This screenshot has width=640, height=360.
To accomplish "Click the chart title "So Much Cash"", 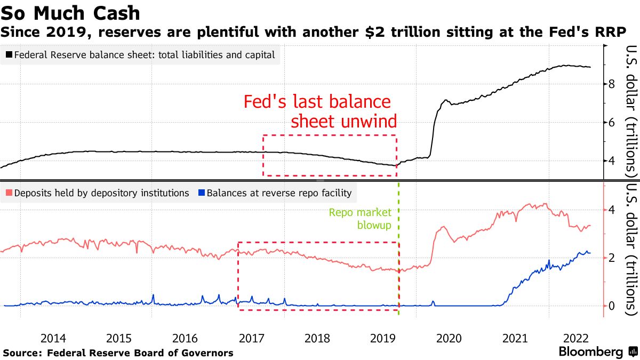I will click(x=70, y=12).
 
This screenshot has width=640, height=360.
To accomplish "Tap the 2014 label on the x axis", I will click(x=53, y=338).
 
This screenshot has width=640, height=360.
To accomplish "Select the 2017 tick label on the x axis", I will click(x=251, y=338).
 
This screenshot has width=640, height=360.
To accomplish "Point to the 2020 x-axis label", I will click(x=449, y=338).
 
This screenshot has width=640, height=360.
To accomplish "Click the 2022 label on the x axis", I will click(x=580, y=338).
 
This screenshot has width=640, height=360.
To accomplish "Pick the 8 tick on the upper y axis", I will click(x=612, y=84).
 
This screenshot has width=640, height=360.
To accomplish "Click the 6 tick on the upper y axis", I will click(x=612, y=123).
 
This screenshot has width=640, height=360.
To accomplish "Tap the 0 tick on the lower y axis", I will click(x=612, y=306).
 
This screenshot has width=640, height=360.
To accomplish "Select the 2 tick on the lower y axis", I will click(x=612, y=258).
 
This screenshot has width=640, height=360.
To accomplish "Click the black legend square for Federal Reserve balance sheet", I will click(x=9, y=54).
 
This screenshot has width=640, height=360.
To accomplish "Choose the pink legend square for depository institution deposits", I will click(x=9, y=193).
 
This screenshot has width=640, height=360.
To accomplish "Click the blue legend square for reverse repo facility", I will click(x=201, y=193).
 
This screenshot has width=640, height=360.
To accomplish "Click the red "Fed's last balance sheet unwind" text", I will click(x=320, y=111).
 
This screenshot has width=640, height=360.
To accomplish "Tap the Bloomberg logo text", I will click(x=590, y=352).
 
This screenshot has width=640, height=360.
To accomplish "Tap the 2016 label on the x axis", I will click(x=185, y=338).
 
